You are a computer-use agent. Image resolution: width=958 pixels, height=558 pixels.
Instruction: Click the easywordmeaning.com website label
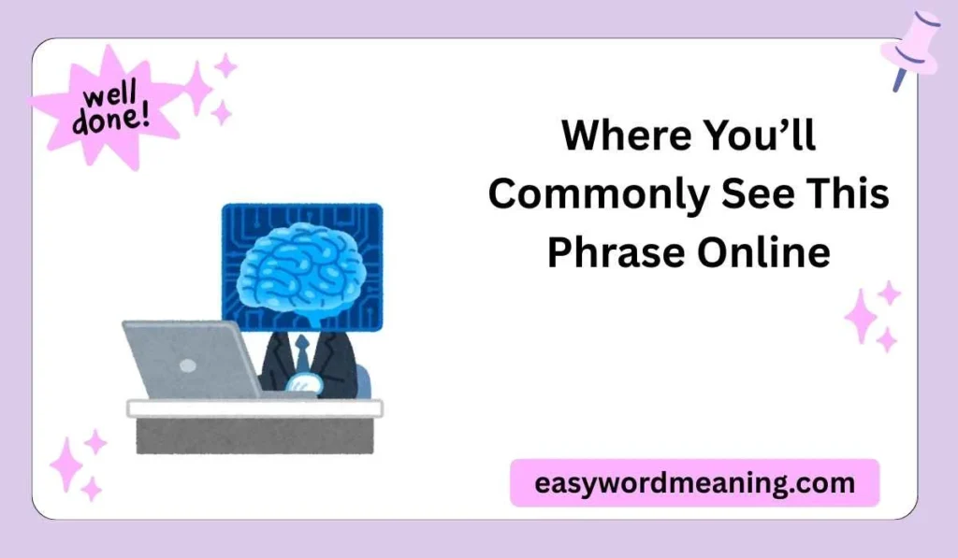tap(694, 483)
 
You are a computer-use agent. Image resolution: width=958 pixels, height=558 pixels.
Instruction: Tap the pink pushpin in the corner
tap(908, 47)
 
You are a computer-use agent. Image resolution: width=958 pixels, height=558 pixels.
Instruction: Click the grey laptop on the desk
tap(192, 360)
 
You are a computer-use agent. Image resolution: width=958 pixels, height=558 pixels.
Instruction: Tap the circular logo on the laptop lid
tap(188, 365)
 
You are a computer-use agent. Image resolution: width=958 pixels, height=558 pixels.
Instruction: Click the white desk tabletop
tap(254, 408)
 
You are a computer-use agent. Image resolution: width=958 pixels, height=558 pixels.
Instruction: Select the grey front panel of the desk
tap(254, 436)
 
